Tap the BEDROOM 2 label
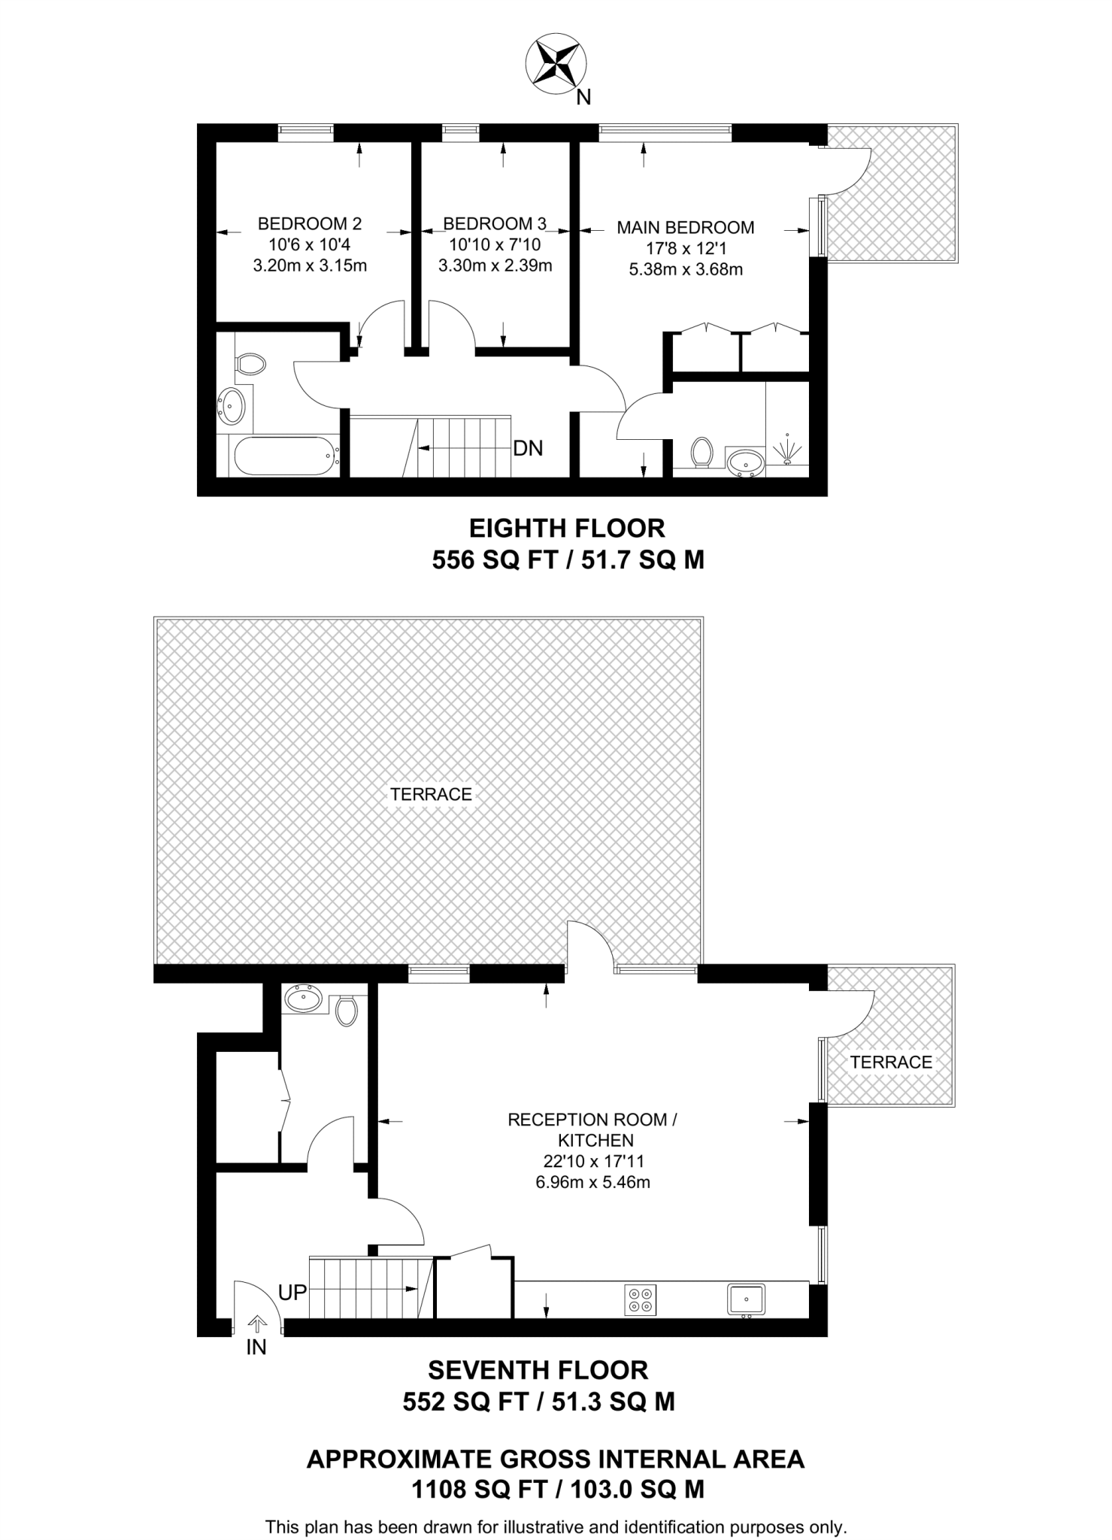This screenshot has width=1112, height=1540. click(309, 223)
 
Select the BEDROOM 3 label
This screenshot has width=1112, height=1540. click(494, 223)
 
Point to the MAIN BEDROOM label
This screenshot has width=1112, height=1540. click(685, 227)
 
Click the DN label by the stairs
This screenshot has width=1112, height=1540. click(528, 448)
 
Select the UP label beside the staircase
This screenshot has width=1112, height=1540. click(292, 1292)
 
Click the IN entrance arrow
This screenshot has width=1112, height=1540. click(256, 1325)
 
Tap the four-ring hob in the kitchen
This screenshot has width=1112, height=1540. click(640, 1299)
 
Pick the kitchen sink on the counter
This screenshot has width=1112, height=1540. click(746, 1299)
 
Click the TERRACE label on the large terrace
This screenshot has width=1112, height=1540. click(431, 794)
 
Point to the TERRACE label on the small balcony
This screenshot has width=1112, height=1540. click(891, 1062)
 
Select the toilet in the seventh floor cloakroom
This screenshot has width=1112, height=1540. click(346, 1011)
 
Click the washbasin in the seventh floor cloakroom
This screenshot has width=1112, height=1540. click(304, 999)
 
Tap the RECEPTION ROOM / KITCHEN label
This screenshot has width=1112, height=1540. click(592, 1129)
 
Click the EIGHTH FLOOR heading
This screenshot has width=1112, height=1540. click(567, 528)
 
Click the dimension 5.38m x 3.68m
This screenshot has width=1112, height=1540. click(686, 269)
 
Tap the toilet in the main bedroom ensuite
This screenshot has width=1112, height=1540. click(701, 452)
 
